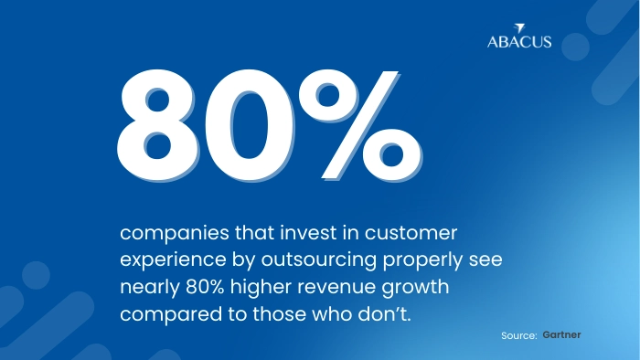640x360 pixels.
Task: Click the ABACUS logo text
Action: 519,42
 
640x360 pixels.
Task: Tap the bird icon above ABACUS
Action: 519,28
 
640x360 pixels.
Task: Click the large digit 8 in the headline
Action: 158,125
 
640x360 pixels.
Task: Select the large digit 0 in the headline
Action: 250,125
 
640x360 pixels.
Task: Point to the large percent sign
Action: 360,125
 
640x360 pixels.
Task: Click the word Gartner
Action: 561,334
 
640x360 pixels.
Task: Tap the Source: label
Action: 519,335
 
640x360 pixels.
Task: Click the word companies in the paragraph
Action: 175,234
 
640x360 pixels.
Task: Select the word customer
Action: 411,233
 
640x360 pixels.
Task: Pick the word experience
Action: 173,260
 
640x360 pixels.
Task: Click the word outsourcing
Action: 319,260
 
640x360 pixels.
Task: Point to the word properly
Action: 422,260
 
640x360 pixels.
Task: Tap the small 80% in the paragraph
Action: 205,287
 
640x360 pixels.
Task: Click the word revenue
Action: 336,288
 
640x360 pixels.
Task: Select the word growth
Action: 415,288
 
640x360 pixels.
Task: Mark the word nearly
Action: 150,288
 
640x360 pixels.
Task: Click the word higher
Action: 261,288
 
